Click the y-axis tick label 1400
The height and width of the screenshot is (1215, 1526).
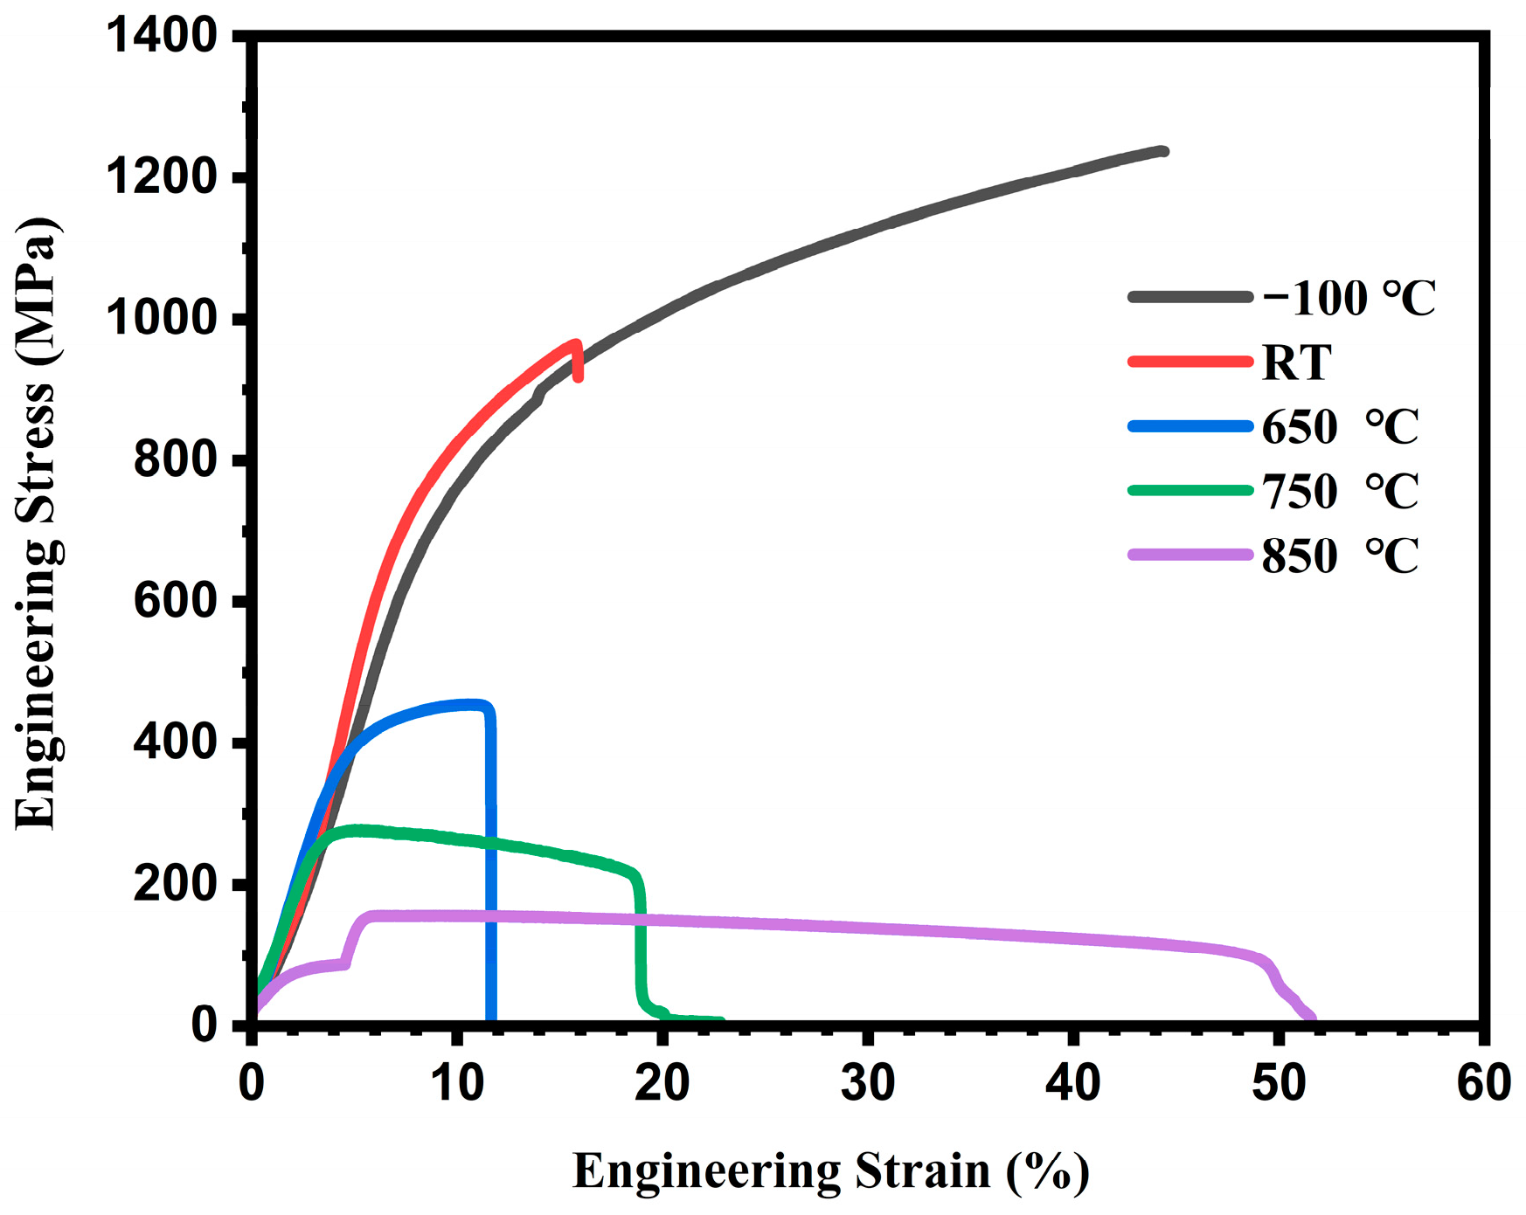[161, 37]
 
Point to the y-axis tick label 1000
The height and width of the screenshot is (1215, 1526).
[161, 319]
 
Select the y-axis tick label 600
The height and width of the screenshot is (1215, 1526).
[175, 601]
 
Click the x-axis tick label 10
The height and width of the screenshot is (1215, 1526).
[457, 1083]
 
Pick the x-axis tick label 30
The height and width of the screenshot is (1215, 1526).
[868, 1083]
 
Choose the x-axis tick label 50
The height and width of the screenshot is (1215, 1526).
[1279, 1083]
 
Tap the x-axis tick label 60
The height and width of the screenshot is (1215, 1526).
[1483, 1083]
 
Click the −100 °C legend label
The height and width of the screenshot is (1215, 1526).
[1349, 299]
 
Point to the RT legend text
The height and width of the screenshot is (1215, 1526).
[1296, 362]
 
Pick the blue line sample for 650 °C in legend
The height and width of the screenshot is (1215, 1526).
[1190, 426]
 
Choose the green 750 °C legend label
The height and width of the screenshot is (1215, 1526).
[1339, 491]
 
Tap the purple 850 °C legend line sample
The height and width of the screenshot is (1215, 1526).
[1190, 555]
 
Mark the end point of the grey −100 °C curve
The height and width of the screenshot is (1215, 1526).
[1163, 151]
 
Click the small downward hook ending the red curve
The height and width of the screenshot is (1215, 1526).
[578, 362]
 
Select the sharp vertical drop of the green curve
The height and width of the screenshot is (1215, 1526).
[642, 943]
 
